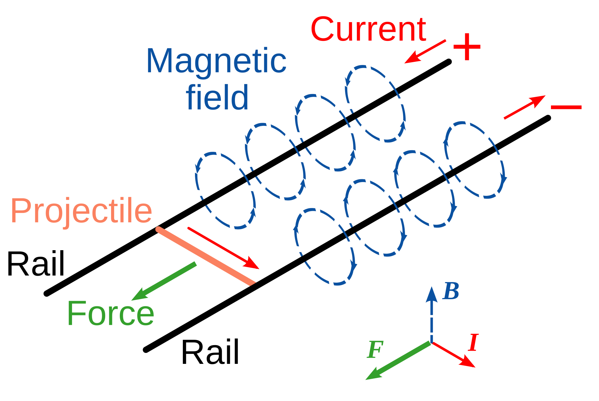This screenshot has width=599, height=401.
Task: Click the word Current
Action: point(368,29)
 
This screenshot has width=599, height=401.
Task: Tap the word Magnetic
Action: point(216,61)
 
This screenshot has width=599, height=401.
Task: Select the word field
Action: point(217,97)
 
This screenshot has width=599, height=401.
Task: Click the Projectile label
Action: point(81,211)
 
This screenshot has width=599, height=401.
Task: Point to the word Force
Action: point(111,313)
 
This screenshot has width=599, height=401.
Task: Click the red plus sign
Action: point(467,47)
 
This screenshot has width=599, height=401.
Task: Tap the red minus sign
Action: point(566,107)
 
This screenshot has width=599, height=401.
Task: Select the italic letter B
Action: point(451,291)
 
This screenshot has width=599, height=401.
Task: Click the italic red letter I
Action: point(473,343)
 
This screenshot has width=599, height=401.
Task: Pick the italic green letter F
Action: point(375,349)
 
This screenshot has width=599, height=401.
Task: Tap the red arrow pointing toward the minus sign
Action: point(524,107)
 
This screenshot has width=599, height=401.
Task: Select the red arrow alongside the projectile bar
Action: point(223,248)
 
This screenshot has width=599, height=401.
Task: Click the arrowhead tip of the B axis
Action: point(431,288)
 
